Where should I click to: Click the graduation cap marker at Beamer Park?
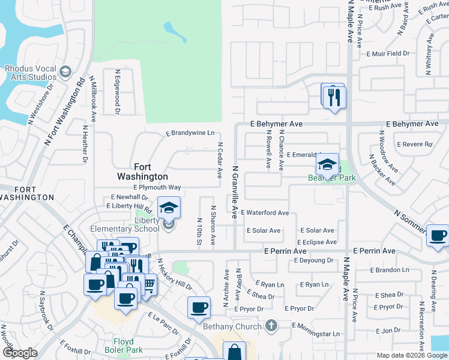tap(327, 164)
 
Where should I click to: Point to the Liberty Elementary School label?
tap(125, 228)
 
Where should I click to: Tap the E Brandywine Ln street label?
tap(190, 133)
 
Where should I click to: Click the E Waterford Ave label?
tap(265, 213)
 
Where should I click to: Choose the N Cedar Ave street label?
tap(220, 160)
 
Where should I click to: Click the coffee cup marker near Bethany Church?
tap(199, 308)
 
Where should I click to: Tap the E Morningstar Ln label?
tap(316, 334)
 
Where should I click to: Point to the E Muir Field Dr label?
tap(388, 53)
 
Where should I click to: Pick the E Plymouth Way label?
tap(157, 187)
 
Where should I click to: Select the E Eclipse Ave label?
tap(316, 242)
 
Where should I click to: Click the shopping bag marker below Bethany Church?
tap(235, 352)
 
